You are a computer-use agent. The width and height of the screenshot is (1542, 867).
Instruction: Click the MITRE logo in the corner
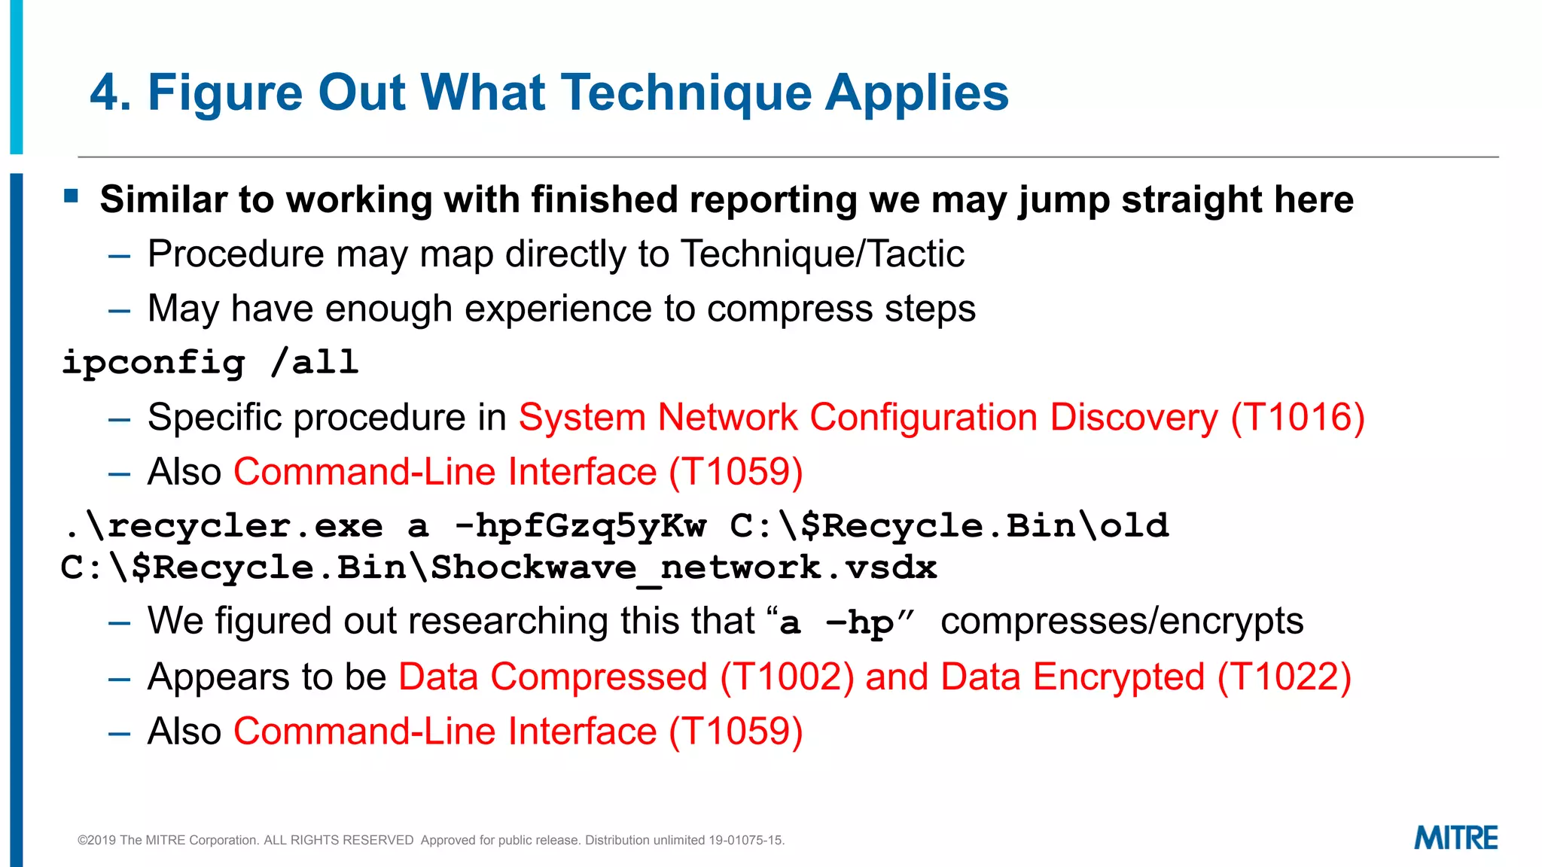click(1455, 838)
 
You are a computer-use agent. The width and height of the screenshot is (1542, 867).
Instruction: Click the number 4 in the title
click(105, 93)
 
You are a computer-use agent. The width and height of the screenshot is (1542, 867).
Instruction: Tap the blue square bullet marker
click(72, 197)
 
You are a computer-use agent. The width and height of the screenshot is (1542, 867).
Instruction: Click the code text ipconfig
click(154, 363)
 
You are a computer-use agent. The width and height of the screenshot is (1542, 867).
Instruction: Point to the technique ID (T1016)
click(1297, 417)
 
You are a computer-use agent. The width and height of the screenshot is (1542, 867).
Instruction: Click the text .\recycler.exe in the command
click(224, 526)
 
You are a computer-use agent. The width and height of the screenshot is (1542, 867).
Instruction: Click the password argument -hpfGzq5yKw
click(581, 526)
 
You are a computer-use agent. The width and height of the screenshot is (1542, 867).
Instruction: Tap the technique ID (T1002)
click(787, 676)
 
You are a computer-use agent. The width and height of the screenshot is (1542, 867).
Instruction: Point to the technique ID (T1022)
click(1284, 676)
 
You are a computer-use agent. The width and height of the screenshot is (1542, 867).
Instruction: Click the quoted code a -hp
click(836, 623)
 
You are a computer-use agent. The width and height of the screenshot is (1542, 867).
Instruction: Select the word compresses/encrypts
click(1122, 622)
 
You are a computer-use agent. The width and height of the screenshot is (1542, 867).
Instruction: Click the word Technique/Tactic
click(822, 254)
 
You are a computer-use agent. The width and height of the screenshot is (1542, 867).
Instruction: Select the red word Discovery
click(1133, 417)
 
